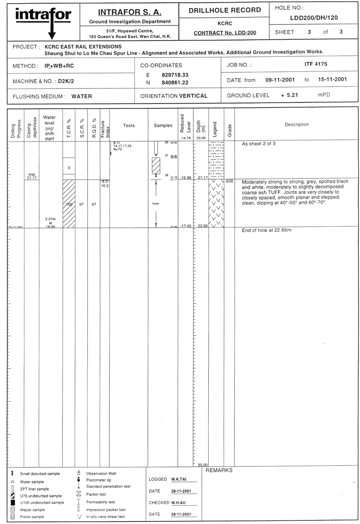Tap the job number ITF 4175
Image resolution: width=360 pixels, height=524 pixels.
tap(315, 64)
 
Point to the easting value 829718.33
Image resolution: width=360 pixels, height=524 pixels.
tap(175, 75)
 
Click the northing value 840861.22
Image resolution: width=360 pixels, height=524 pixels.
tap(175, 83)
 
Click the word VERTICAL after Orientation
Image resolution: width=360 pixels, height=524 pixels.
tap(193, 96)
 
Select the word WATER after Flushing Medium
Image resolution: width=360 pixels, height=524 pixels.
tap(82, 96)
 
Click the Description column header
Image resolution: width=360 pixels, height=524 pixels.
tap(297, 125)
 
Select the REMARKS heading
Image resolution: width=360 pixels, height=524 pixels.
tap(219, 470)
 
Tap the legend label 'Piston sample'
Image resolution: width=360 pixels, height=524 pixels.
tap(33, 517)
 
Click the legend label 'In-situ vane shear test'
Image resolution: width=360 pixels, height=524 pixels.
tap(105, 517)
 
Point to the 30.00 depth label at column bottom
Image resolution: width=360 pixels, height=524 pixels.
tap(202, 465)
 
